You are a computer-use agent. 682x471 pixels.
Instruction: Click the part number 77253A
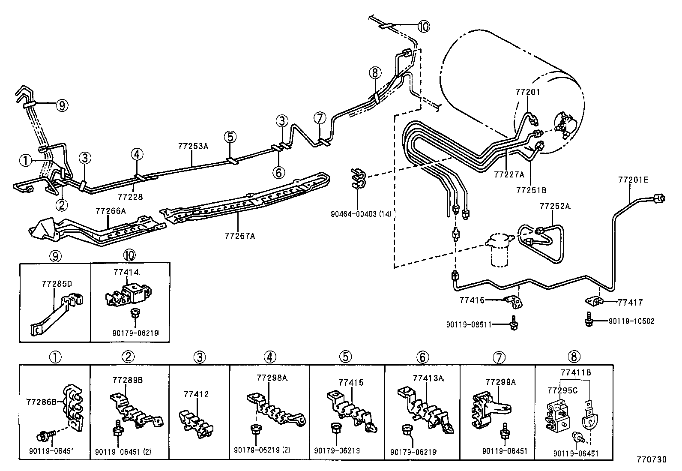(193, 146)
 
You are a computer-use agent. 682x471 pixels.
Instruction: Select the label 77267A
(240, 236)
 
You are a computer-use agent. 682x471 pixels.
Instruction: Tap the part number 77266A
(111, 210)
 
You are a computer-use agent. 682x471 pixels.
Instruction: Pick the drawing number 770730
(651, 459)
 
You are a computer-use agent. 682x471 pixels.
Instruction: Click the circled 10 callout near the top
(423, 27)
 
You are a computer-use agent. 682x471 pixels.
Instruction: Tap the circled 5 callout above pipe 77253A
(230, 137)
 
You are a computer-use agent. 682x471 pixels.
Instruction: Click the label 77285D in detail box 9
(57, 284)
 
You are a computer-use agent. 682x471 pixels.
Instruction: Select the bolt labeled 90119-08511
(513, 324)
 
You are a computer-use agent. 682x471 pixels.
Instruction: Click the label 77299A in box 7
(500, 381)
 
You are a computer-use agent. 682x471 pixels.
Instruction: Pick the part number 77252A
(555, 206)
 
